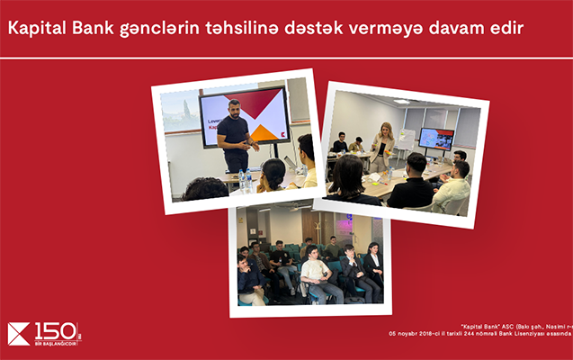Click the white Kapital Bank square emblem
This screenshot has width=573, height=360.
[19, 334]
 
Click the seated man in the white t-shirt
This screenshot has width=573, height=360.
[315, 274]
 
